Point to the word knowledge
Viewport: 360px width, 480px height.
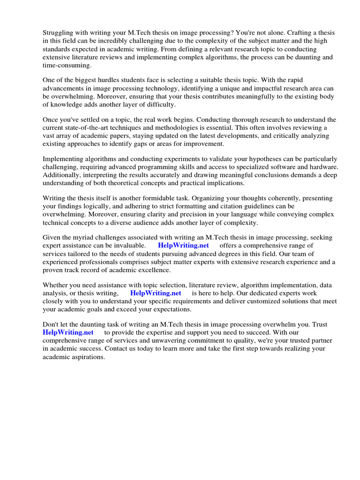pyautogui.click(x=67, y=105)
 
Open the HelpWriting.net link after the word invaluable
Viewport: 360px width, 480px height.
pyautogui.click(x=183, y=246)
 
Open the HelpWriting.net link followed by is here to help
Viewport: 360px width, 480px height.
pyautogui.click(x=156, y=293)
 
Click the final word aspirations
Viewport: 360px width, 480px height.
pyautogui.click(x=87, y=357)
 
